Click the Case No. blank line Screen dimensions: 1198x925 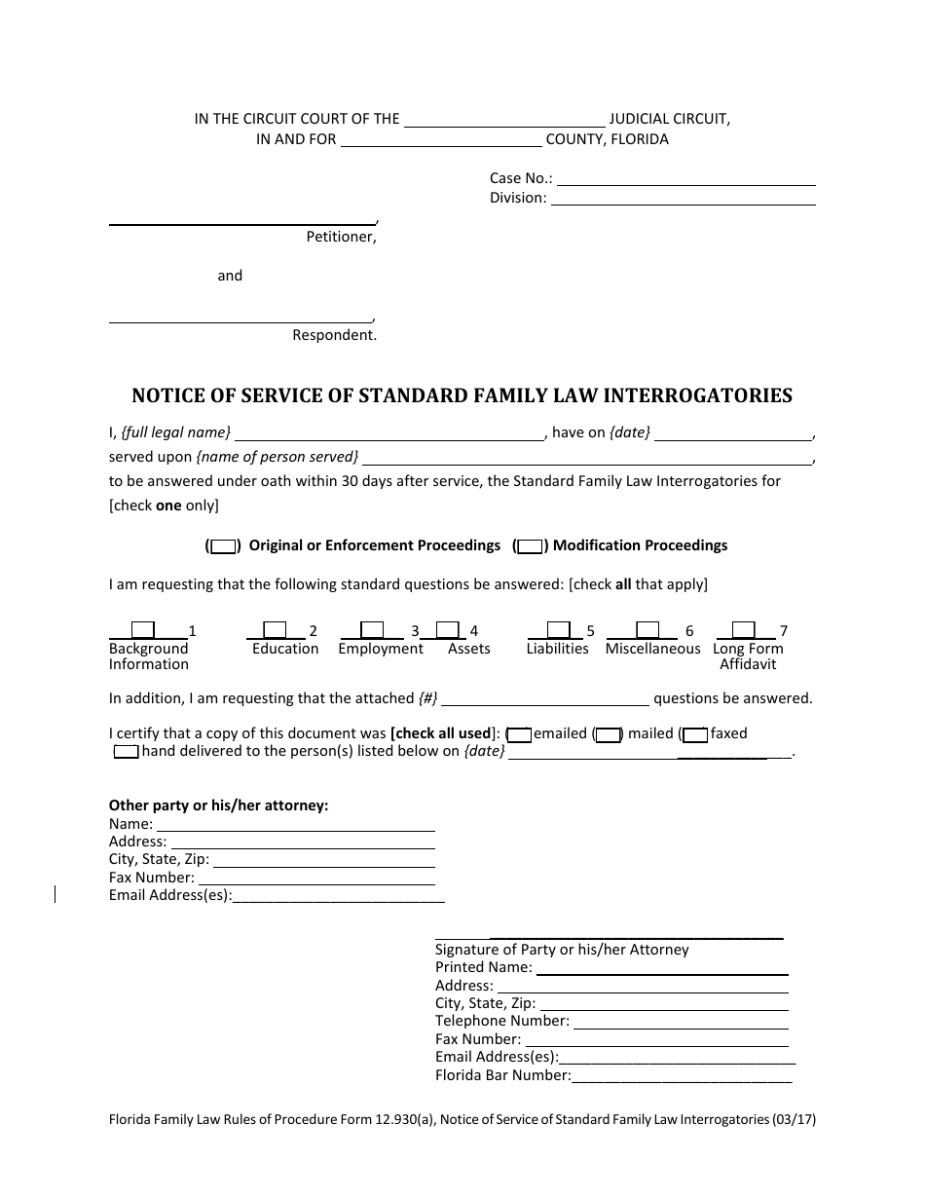click(685, 179)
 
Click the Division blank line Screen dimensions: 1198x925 click(684, 199)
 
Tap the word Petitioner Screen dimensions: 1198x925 click(341, 237)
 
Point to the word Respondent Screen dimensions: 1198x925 click(334, 335)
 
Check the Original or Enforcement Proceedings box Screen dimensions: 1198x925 click(223, 546)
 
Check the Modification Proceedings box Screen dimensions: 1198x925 click(530, 546)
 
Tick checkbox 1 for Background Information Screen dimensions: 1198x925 click(143, 630)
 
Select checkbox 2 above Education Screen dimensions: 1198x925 click(276, 630)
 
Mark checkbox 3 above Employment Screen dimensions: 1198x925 click(372, 630)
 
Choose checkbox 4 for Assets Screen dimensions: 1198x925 click(447, 630)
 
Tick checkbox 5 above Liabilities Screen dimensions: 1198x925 click(558, 630)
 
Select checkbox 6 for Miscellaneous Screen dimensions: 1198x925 click(647, 630)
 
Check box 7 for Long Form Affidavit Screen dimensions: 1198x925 click(743, 630)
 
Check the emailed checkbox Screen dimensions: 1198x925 click(520, 734)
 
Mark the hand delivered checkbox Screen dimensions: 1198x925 click(127, 752)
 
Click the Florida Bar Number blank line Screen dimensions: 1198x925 click(682, 1077)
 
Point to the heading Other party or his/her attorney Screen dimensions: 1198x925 click(219, 805)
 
